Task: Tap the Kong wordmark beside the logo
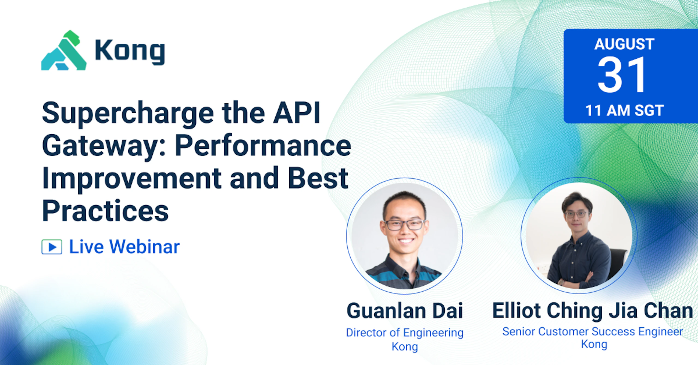(130, 52)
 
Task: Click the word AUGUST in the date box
(624, 44)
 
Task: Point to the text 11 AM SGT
(624, 110)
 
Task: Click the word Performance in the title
(263, 146)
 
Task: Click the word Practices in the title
(106, 211)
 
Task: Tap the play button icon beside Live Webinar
(52, 247)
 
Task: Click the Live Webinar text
(124, 247)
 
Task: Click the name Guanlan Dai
(405, 311)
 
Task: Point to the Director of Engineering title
(405, 333)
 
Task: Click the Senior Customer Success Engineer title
(592, 332)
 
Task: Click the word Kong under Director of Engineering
(405, 347)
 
